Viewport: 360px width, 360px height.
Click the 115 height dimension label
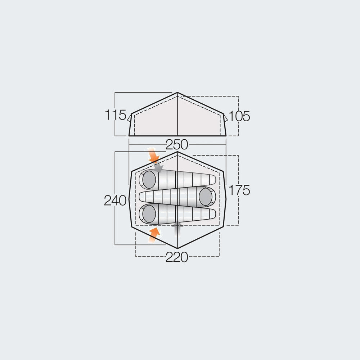(115, 115)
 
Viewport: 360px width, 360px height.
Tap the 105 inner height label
(239, 116)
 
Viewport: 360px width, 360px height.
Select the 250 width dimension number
(177, 145)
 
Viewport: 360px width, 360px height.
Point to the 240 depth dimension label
(115, 201)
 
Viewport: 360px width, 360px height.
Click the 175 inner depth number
(239, 190)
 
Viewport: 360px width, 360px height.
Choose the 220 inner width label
(177, 257)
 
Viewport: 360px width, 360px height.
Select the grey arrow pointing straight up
(177, 228)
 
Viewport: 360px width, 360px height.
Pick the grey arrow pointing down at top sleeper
(158, 167)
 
